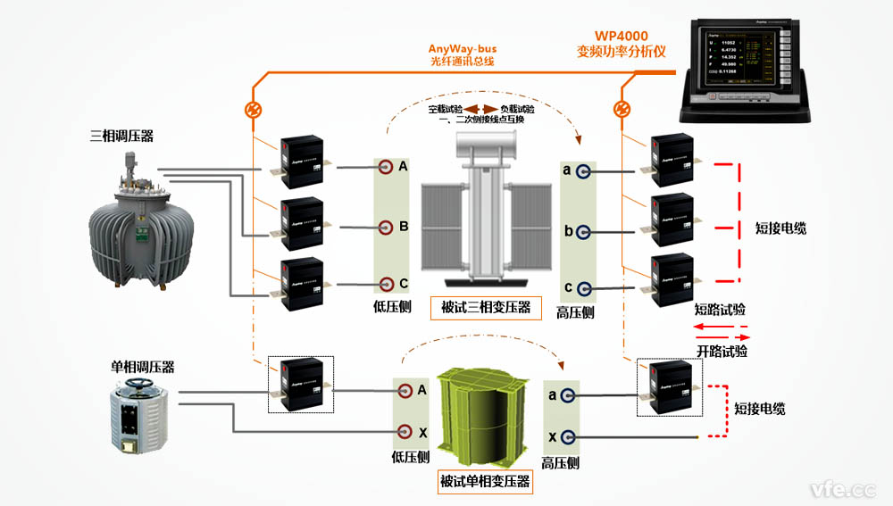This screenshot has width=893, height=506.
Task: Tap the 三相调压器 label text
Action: [122, 137]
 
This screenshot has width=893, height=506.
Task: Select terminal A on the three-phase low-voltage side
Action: [385, 168]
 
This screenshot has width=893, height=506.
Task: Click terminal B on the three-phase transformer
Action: [385, 228]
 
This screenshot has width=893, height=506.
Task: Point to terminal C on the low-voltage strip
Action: [385, 284]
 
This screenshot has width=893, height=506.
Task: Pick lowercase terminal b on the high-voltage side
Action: [584, 231]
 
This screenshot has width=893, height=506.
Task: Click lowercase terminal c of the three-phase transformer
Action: [584, 288]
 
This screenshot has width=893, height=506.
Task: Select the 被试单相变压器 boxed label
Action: [485, 483]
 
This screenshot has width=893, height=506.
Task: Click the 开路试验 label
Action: [721, 352]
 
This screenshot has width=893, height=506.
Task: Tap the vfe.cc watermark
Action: [842, 488]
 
